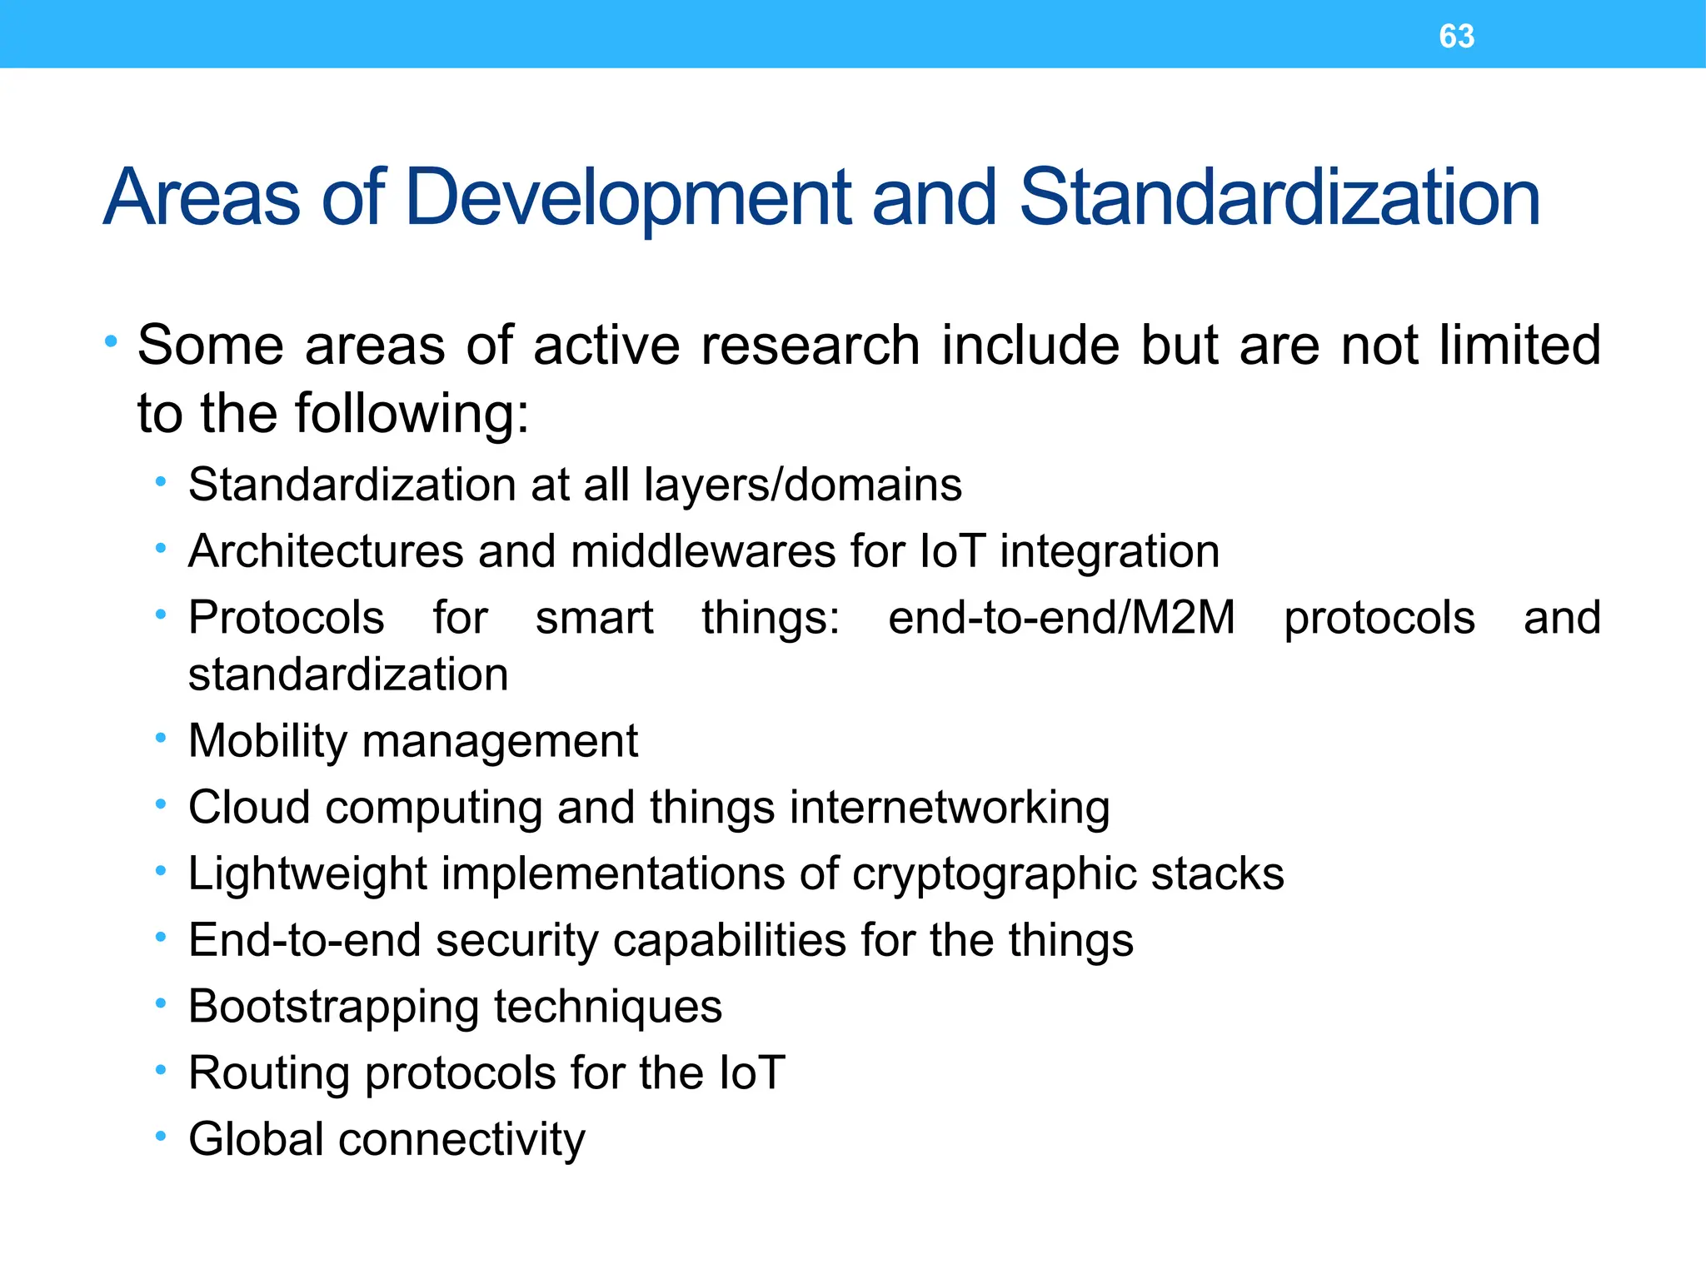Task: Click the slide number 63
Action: click(1456, 37)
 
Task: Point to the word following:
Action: click(413, 415)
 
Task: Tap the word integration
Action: click(1110, 551)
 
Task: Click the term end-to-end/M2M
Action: click(1061, 618)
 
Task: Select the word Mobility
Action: click(267, 741)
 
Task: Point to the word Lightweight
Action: click(307, 874)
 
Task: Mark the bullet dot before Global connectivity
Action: click(161, 1136)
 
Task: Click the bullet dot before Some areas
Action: click(111, 341)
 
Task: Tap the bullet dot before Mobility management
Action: click(161, 738)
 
